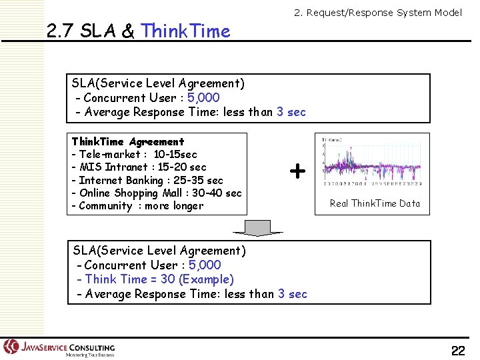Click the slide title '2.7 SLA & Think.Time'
[139, 31]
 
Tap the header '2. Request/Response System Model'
[378, 13]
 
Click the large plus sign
[297, 172]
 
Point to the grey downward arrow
[258, 228]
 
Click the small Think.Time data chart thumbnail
[371, 162]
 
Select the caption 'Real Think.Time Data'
[375, 203]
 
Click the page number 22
[458, 351]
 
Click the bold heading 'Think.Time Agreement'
[127, 142]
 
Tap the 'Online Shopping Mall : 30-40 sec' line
[156, 193]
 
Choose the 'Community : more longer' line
[137, 205]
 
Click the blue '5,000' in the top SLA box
[204, 98]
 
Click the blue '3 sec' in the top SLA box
[291, 112]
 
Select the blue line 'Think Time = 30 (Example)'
[155, 279]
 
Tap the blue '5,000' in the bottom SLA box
[205, 265]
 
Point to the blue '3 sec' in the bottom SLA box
[293, 294]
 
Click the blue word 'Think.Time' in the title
[186, 31]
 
